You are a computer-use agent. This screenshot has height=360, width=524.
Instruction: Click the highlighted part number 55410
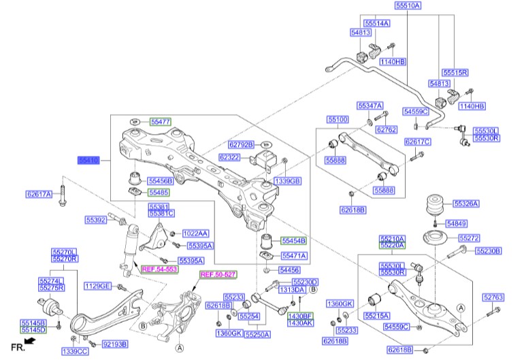click(88, 160)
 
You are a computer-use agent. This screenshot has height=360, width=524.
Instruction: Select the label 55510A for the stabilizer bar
click(408, 5)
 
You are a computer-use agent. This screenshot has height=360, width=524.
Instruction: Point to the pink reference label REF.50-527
click(218, 274)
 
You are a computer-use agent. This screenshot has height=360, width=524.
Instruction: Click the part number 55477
click(161, 121)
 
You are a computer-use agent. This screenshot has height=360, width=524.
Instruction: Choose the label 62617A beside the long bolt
click(39, 194)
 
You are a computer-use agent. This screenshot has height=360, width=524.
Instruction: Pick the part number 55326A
click(466, 203)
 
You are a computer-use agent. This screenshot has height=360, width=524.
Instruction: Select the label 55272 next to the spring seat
click(469, 238)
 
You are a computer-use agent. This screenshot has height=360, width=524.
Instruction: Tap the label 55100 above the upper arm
click(338, 119)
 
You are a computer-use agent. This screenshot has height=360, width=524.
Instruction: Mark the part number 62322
click(229, 157)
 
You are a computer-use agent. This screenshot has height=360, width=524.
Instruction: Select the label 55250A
click(258, 334)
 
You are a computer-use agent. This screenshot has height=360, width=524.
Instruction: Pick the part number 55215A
click(376, 316)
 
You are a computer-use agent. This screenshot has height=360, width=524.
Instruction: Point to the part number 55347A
click(370, 105)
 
